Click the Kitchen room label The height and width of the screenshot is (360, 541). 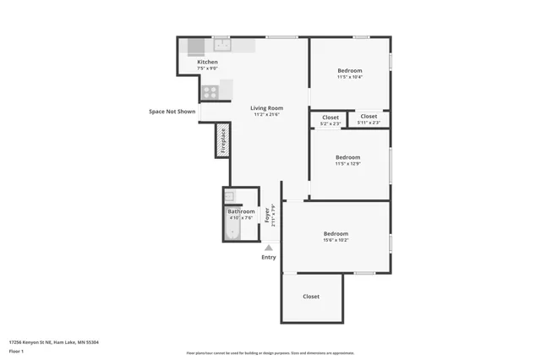(x=208, y=63)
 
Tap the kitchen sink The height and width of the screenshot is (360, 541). (x=221, y=46)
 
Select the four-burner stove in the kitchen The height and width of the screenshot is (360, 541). (x=210, y=91)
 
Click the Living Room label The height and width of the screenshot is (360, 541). (x=266, y=108)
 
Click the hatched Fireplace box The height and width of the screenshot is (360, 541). (x=223, y=140)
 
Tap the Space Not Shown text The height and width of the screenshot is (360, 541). (x=172, y=112)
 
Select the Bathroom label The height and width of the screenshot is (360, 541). (x=241, y=211)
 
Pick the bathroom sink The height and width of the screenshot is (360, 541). (x=229, y=197)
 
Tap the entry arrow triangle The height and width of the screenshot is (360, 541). (x=269, y=248)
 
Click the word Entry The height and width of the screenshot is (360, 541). (x=269, y=257)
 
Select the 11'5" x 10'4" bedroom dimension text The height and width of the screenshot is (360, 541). (x=349, y=77)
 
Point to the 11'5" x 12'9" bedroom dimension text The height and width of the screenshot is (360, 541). (x=347, y=164)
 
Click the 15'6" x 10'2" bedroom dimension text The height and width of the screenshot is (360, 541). (x=336, y=240)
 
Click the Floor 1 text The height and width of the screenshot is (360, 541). (x=16, y=350)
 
